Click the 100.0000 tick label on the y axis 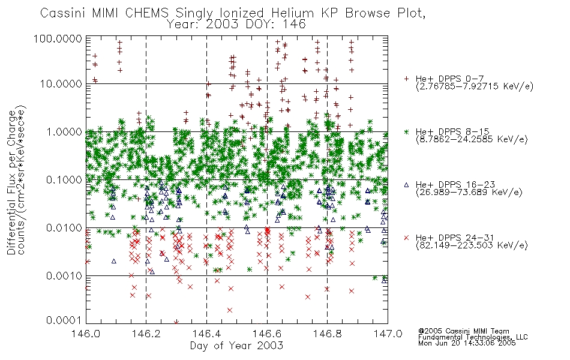click(58, 39)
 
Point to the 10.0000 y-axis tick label click(61, 84)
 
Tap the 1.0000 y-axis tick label click(64, 131)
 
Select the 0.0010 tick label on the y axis click(64, 276)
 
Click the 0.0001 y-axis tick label click(64, 320)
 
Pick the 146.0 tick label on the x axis click(86, 334)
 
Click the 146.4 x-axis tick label click(206, 334)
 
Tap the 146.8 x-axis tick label click(328, 334)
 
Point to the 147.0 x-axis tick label click(388, 334)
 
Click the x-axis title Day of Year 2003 click(236, 346)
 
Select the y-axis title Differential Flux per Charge click(11, 182)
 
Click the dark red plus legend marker click(406, 79)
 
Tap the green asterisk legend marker click(406, 131)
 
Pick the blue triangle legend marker click(406, 185)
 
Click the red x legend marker click(406, 238)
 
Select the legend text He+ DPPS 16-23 click(455, 185)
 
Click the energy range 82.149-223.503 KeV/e click(472, 245)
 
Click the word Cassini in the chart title click(63, 13)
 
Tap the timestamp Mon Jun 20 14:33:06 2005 click(467, 343)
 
